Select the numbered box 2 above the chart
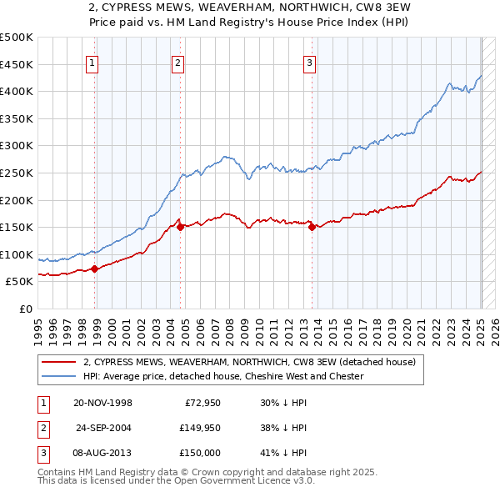[178, 62]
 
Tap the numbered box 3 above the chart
[309, 62]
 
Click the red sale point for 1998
[94, 269]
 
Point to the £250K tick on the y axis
[17, 173]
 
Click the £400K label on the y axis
[17, 91]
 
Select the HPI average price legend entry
[223, 376]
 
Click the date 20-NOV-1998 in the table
[102, 402]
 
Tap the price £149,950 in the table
[198, 428]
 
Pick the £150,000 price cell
[198, 453]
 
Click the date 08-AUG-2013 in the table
[102, 453]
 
